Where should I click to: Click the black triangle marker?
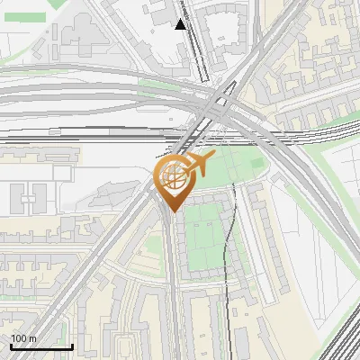tap(181, 24)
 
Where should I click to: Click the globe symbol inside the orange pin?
tap(171, 179)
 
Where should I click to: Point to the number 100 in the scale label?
tap(19, 338)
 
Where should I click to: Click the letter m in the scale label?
tap(33, 338)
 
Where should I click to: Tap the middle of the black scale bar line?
tap(41, 346)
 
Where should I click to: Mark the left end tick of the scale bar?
tap(11, 345)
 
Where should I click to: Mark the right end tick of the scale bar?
tap(72, 345)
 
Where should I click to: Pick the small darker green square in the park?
tap(256, 163)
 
